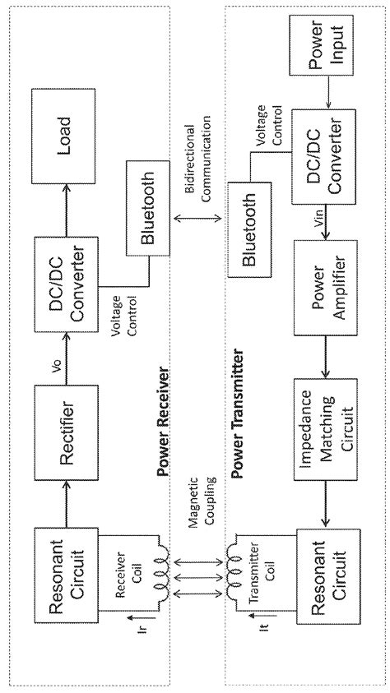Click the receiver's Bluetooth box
click(147, 207)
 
